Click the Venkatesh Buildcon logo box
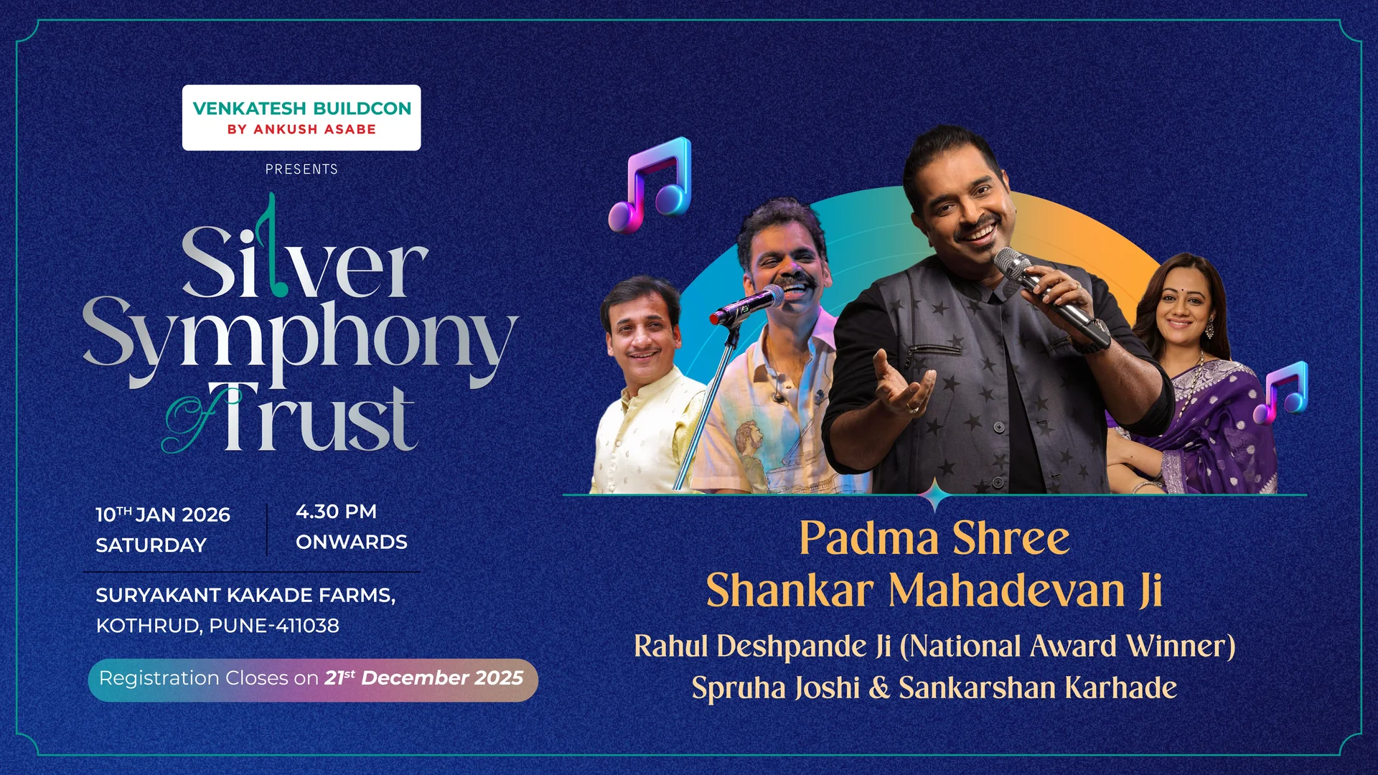point(301,118)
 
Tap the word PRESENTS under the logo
point(301,169)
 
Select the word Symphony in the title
point(300,341)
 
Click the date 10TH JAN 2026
point(163,515)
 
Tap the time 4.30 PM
point(336,512)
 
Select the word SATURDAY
point(151,545)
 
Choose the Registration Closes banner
point(313,680)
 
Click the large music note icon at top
point(650,185)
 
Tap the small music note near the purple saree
point(1280,393)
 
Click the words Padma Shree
point(934,538)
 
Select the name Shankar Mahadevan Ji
point(934,591)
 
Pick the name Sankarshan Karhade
point(1038,687)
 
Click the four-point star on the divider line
point(935,494)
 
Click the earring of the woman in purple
point(1209,329)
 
